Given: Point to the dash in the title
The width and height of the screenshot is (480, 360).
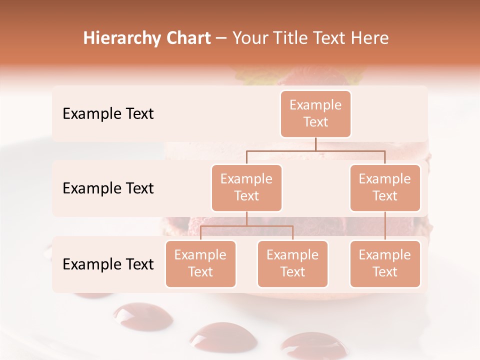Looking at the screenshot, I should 221,38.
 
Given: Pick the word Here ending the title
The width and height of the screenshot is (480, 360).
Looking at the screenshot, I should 368,38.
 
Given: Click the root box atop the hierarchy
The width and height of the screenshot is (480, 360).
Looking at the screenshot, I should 315,114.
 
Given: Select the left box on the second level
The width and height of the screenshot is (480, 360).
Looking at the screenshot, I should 246,188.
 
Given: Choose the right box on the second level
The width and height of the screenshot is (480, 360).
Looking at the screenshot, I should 385,188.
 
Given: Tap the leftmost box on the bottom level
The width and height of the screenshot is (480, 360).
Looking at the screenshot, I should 200,264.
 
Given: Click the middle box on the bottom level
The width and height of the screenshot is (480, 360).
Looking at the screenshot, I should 292,264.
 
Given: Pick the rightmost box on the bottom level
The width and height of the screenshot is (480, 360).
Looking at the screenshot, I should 385,264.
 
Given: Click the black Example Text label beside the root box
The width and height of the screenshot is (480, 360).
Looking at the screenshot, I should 108,114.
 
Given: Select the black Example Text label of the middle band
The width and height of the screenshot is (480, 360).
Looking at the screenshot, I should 108,188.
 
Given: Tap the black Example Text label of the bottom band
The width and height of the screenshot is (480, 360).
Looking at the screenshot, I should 108,264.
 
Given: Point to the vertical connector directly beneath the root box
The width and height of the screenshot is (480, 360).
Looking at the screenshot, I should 315,144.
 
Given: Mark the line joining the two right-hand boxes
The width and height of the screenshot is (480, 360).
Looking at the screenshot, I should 385,226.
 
